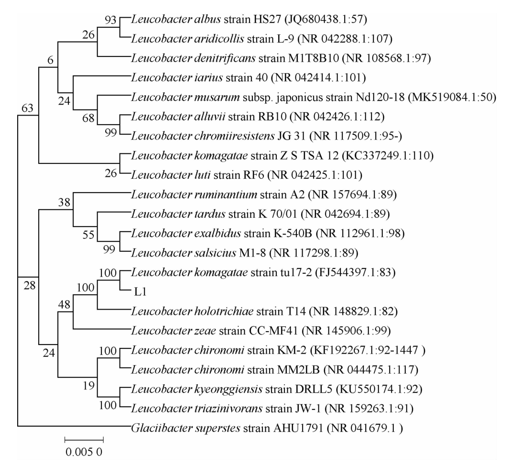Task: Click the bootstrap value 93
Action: (x=111, y=19)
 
